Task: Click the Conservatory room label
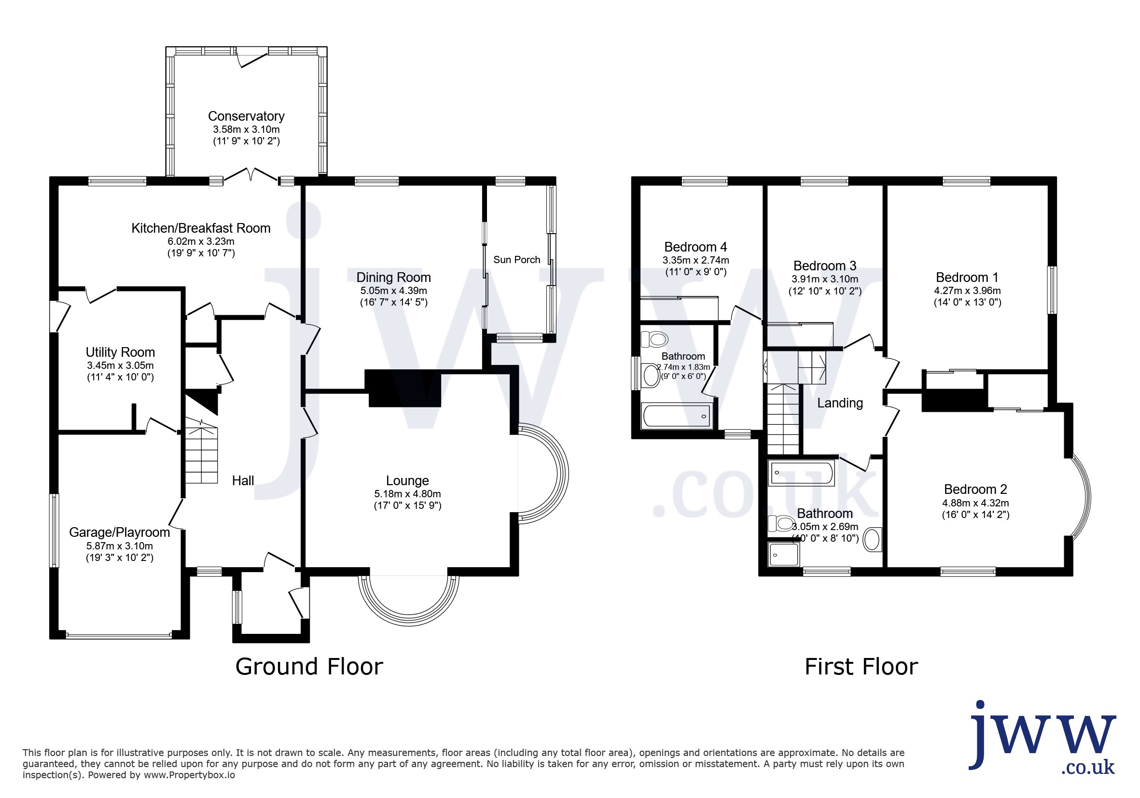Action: (246, 116)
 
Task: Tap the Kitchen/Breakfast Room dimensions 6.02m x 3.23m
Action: (201, 241)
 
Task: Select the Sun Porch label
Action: (517, 260)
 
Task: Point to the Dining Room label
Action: (394, 277)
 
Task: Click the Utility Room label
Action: (120, 352)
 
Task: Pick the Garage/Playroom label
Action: (120, 532)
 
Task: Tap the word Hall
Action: (243, 480)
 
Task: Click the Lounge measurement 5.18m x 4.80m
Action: (408, 493)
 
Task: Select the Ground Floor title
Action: (309, 666)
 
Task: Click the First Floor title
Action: (862, 666)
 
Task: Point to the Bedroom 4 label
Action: (695, 247)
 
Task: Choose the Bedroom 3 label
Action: (825, 266)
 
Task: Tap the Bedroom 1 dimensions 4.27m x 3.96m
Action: (968, 291)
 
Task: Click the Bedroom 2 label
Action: (975, 489)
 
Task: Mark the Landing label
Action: (840, 403)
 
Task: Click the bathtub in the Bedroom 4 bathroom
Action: (677, 416)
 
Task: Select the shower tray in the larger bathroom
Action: (783, 554)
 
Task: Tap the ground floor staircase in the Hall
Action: (202, 451)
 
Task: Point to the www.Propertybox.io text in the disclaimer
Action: (189, 775)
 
